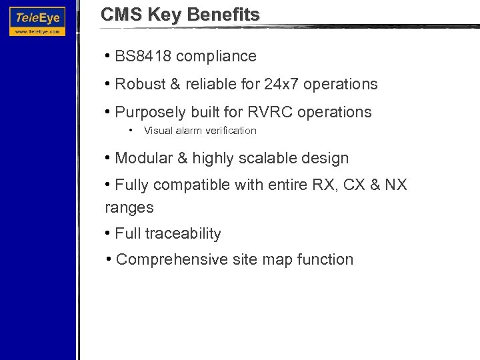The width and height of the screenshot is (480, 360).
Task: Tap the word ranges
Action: [129, 207]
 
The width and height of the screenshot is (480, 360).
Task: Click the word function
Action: [325, 259]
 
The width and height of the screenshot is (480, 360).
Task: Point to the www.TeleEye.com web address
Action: [37, 31]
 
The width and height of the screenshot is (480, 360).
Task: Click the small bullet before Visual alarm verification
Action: [133, 130]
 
